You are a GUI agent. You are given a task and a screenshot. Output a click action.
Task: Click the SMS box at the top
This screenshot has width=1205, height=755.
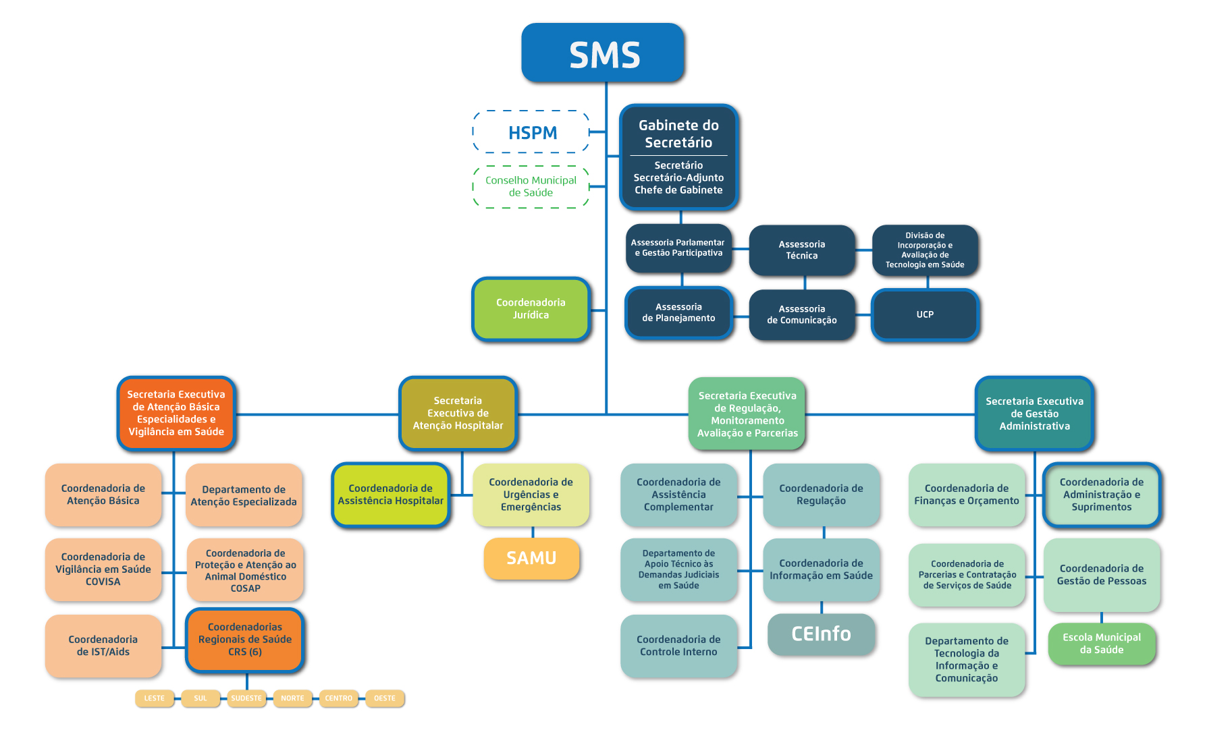(603, 53)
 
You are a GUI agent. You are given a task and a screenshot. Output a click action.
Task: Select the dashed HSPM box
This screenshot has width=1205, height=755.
(531, 132)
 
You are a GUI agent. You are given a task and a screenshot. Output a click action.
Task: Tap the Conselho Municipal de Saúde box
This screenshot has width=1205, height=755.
(531, 187)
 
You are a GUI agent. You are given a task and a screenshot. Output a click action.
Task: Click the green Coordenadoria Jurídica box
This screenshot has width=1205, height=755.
(531, 309)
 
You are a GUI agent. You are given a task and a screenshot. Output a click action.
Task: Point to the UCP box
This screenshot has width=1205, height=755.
(925, 314)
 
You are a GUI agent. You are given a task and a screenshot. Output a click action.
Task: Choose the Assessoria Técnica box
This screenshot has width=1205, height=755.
(802, 250)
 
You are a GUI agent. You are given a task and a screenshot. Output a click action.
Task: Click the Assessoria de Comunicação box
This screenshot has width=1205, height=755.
(802, 315)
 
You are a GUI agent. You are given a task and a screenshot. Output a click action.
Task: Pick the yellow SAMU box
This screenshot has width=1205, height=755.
(532, 559)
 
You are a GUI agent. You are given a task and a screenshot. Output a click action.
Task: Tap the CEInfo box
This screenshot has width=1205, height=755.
(822, 634)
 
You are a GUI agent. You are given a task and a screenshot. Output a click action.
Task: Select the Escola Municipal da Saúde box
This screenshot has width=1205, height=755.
(1102, 644)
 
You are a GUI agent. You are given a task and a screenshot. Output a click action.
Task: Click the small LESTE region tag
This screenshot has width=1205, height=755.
(155, 698)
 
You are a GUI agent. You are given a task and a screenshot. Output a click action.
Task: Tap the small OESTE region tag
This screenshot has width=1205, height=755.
(385, 698)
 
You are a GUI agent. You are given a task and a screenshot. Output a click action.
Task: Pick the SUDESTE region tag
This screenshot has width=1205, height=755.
(246, 698)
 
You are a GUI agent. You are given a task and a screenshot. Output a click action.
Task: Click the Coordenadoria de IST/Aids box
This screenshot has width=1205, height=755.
(103, 646)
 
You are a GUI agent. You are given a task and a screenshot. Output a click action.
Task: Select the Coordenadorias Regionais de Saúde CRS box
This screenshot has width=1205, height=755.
(245, 640)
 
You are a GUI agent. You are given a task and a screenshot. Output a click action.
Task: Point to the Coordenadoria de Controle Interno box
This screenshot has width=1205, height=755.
(678, 646)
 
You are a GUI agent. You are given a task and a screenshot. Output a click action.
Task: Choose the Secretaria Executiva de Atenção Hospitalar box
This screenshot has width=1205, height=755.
(458, 414)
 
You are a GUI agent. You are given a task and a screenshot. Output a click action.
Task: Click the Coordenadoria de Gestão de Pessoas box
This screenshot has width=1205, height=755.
(1102, 575)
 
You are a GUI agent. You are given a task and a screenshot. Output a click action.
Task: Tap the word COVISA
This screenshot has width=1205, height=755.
(103, 582)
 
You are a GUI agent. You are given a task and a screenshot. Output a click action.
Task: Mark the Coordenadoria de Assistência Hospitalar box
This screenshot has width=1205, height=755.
(391, 495)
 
